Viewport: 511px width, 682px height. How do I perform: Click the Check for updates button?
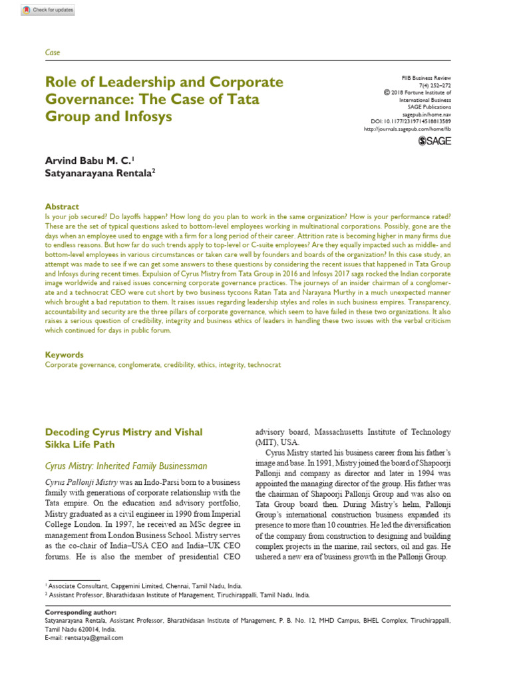click(x=48, y=11)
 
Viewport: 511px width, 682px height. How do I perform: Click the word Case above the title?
click(x=52, y=52)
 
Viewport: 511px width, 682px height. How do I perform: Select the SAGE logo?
click(x=434, y=141)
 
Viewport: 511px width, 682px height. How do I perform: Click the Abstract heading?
click(x=62, y=206)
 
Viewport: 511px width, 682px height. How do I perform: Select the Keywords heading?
click(x=64, y=355)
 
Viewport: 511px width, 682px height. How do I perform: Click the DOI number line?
click(x=411, y=121)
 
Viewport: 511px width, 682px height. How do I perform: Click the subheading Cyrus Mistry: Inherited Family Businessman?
click(x=126, y=466)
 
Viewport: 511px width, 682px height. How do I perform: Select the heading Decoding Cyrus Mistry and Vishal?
click(x=123, y=432)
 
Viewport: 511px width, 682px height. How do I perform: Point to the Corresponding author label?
click(x=80, y=611)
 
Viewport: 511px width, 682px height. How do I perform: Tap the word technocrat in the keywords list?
click(x=264, y=364)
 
